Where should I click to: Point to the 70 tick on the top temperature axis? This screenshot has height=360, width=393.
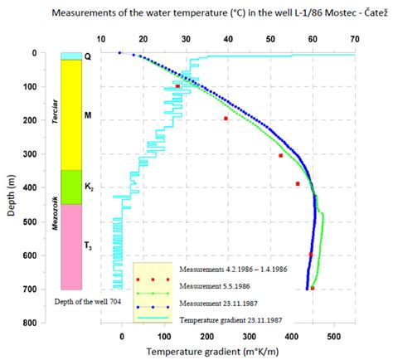tap(355, 39)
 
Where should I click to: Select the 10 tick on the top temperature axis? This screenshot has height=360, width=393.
tap(100, 39)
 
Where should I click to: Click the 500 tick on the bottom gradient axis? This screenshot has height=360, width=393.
tap(333, 337)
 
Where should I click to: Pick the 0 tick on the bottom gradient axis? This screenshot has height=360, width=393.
tap(122, 337)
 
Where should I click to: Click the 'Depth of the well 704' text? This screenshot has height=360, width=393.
tap(87, 301)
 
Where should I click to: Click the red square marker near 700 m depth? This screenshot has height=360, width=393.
tap(313, 288)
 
